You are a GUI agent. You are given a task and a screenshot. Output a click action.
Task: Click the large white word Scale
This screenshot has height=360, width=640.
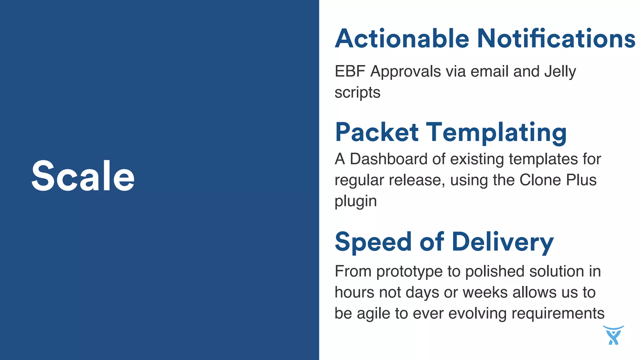(83, 176)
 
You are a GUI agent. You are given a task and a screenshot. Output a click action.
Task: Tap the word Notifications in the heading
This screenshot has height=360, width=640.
(556, 39)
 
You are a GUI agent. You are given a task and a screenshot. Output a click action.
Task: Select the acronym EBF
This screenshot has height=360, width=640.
(350, 72)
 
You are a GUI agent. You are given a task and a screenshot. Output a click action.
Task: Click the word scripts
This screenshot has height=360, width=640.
(357, 93)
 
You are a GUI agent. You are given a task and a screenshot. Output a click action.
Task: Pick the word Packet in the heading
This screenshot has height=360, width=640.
(377, 132)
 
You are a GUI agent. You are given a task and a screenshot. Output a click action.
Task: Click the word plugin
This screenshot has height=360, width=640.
(356, 202)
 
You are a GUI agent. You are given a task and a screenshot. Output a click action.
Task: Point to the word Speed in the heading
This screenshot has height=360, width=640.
(373, 242)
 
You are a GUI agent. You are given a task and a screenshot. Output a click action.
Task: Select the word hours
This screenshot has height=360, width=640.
(354, 293)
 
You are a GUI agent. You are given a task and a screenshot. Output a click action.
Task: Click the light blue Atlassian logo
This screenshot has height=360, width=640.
(613, 335)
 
